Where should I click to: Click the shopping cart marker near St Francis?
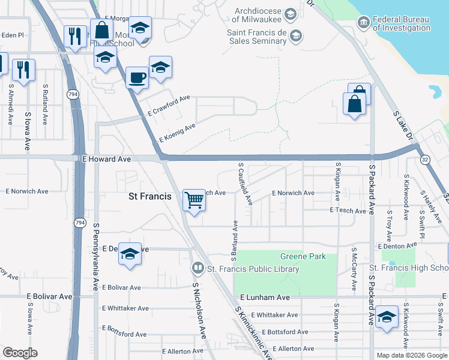pos(194,200)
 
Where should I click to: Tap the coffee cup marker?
pos(137,78)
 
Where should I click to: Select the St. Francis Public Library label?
pos(253,269)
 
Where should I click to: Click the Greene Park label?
pos(303,257)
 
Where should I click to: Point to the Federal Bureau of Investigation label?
pos(402,23)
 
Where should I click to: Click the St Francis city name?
pos(150,196)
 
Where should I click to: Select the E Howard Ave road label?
pos(106,160)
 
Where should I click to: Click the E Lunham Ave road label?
pos(265,298)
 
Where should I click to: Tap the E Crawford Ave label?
pos(169,106)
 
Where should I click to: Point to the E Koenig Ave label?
pos(177,133)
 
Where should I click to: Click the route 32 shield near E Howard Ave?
pos(425,160)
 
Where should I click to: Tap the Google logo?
pos(19,353)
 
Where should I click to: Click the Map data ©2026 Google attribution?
pos(412,355)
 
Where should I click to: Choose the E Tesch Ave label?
pos(348,211)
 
